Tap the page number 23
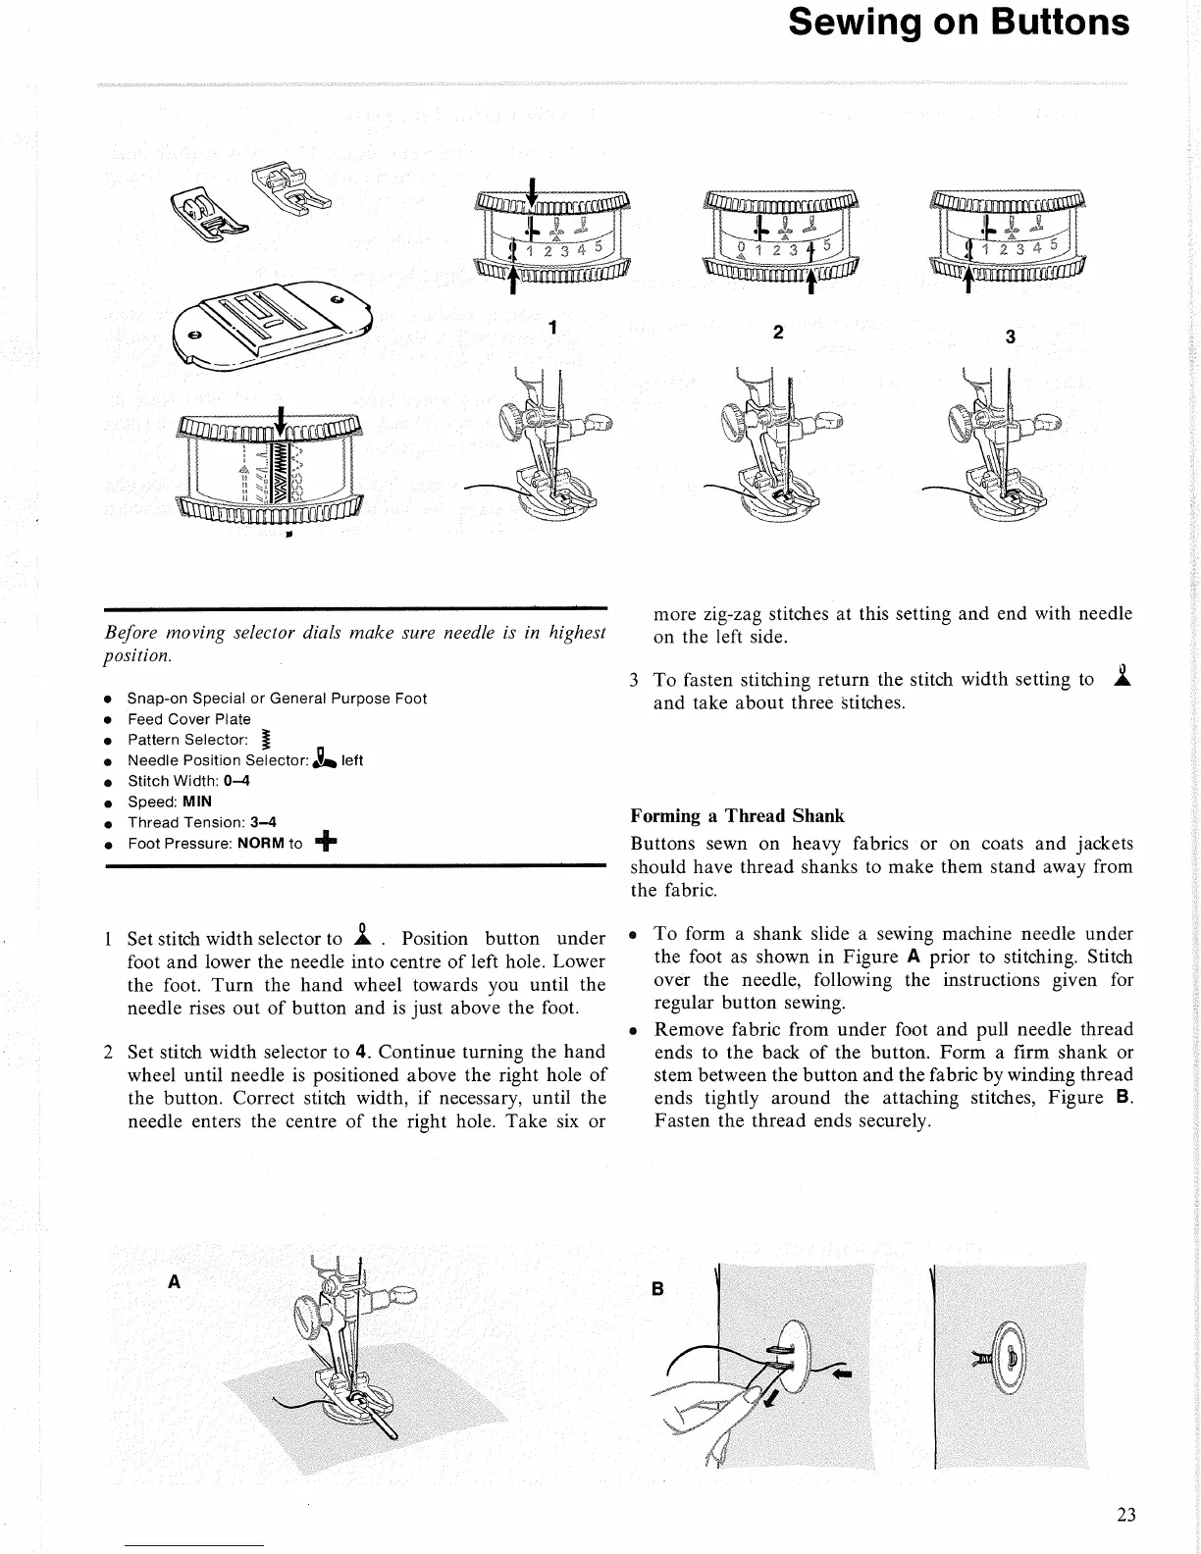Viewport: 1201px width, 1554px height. pyautogui.click(x=1125, y=1514)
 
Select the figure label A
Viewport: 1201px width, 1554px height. pyautogui.click(x=175, y=1281)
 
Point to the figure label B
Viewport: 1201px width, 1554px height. pyautogui.click(x=658, y=1289)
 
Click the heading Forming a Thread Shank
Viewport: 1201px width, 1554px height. pyautogui.click(x=737, y=815)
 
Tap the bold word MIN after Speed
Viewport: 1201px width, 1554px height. pyautogui.click(x=197, y=802)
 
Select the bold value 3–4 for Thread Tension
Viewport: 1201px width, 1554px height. pyautogui.click(x=263, y=822)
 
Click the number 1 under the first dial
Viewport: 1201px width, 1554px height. pyautogui.click(x=553, y=327)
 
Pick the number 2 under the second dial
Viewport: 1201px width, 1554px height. pyautogui.click(x=778, y=332)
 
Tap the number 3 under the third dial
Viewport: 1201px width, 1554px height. pyautogui.click(x=1010, y=337)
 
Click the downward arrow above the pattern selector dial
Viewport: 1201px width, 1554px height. pyautogui.click(x=282, y=418)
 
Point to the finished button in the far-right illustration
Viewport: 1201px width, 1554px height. pyautogui.click(x=1010, y=1358)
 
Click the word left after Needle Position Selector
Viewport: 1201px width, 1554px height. pyautogui.click(x=352, y=760)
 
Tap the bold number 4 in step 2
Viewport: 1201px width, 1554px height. pyautogui.click(x=360, y=1053)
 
